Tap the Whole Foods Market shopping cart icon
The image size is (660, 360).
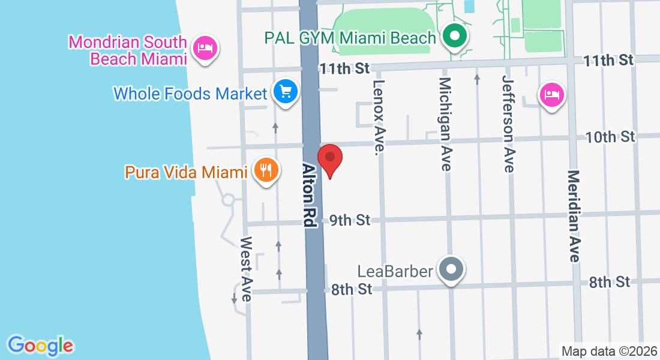pos(286,92)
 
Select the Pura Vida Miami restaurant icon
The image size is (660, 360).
pos(265,171)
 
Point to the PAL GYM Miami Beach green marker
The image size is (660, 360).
pos(455,37)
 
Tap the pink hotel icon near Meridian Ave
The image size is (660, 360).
pos(551,95)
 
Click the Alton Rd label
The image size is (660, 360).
pos(308,196)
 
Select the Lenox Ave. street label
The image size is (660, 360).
pos(378,115)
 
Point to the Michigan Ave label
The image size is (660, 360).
pos(445,124)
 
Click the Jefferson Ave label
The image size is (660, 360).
pos(509,124)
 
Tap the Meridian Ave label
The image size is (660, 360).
pos(574,216)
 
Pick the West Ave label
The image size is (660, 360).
pos(246,269)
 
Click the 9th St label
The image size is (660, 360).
pos(350,221)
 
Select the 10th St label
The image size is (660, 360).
pos(610,137)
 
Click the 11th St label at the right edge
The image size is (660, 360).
pos(608,60)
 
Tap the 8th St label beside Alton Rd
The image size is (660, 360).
pos(352,290)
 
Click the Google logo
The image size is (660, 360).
pos(40,346)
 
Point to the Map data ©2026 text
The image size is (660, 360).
pos(609,351)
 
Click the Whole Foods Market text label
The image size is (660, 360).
pos(190,94)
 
